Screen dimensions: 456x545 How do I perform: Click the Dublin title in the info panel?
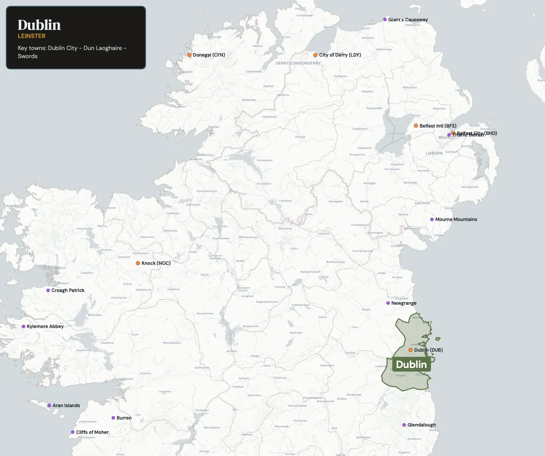click(x=39, y=25)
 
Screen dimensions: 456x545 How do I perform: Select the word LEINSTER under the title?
click(x=32, y=36)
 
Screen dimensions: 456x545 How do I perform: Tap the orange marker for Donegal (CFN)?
click(x=189, y=55)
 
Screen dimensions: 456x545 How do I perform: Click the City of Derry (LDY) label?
click(x=340, y=55)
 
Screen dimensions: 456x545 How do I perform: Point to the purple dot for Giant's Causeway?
click(x=385, y=19)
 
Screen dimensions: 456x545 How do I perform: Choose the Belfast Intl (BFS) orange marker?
click(x=416, y=126)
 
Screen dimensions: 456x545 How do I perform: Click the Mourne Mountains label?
click(x=456, y=219)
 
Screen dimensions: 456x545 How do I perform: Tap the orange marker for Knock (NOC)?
click(x=138, y=263)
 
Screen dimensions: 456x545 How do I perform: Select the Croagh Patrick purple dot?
click(x=48, y=290)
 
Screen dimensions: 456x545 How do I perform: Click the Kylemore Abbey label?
click(x=45, y=326)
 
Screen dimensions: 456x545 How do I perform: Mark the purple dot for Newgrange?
click(x=388, y=303)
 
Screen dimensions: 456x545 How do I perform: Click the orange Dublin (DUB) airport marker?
click(x=411, y=350)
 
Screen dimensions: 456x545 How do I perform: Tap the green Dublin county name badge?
click(x=411, y=364)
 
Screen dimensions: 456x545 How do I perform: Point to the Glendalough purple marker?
click(x=404, y=425)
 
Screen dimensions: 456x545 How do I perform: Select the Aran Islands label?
click(x=66, y=406)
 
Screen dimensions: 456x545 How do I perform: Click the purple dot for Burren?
click(x=113, y=418)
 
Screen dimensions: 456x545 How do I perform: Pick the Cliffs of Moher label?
click(x=92, y=432)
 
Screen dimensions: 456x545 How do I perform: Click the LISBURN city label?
click(x=434, y=153)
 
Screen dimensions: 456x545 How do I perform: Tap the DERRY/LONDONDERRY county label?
click(x=298, y=63)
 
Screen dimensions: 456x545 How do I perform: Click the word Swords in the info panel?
click(x=28, y=56)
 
